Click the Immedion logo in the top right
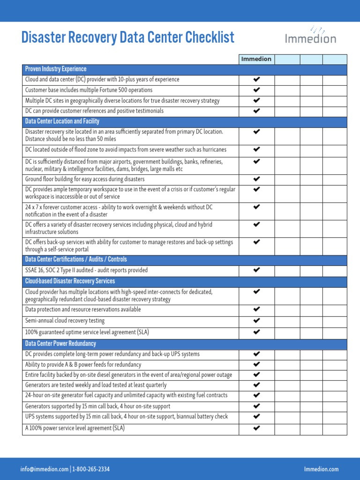pyautogui.click(x=310, y=36)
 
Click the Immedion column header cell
pyautogui.click(x=256, y=59)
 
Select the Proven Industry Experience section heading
pyautogui.click(x=56, y=69)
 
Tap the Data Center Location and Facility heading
pyautogui.click(x=62, y=121)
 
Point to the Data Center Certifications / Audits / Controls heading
pyautogui.click(x=76, y=260)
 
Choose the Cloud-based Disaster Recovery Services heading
pyautogui.click(x=70, y=281)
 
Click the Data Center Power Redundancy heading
pyautogui.click(x=60, y=344)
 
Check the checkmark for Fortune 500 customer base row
pyautogui.click(x=256, y=90)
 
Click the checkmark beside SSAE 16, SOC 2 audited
pyautogui.click(x=256, y=270)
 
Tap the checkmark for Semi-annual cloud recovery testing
pyautogui.click(x=256, y=321)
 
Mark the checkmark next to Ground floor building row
pyautogui.click(x=256, y=179)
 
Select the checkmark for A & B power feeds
pyautogui.click(x=256, y=364)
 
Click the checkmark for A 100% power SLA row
pyautogui.click(x=256, y=428)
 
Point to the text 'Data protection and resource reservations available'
pyautogui.click(x=83, y=310)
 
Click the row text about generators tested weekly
pyautogui.click(x=96, y=385)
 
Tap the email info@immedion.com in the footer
pyautogui.click(x=44, y=469)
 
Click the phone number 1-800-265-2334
pyautogui.click(x=91, y=469)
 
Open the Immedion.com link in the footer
pyautogui.click(x=321, y=469)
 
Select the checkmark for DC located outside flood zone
pyautogui.click(x=256, y=150)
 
